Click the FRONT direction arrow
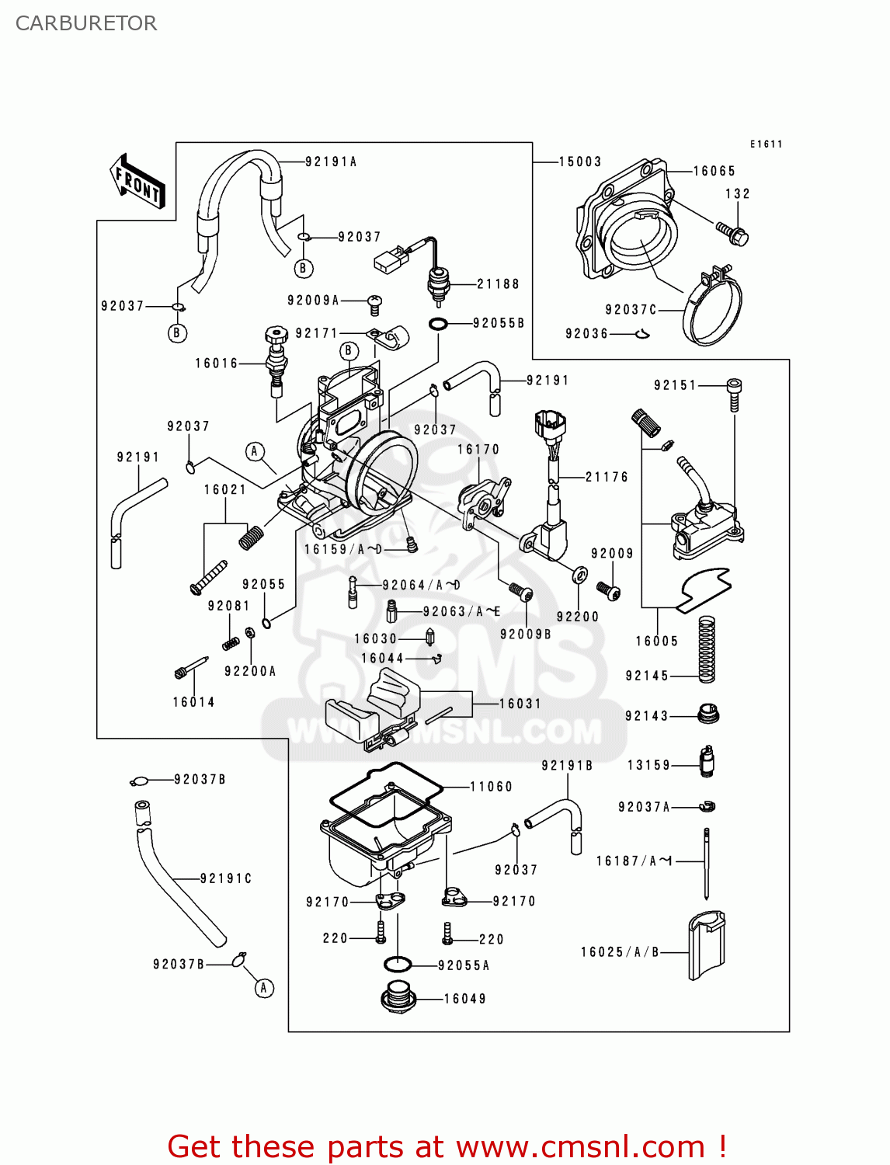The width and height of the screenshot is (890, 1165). coord(137,182)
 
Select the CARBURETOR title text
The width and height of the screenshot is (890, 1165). coord(86,23)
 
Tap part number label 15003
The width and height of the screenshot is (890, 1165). coord(580,162)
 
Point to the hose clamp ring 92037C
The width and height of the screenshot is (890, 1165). coord(712,308)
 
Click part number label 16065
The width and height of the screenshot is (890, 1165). coord(714,171)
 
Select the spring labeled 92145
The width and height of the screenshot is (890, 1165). coord(706,649)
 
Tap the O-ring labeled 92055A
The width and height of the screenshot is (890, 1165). coord(397,965)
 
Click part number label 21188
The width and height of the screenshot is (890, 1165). coord(498,284)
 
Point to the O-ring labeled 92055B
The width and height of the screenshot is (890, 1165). coord(438,323)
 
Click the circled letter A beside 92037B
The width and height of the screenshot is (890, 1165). coord(264,988)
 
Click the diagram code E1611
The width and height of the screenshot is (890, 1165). coord(766,144)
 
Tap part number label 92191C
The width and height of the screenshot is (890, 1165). coord(226,878)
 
